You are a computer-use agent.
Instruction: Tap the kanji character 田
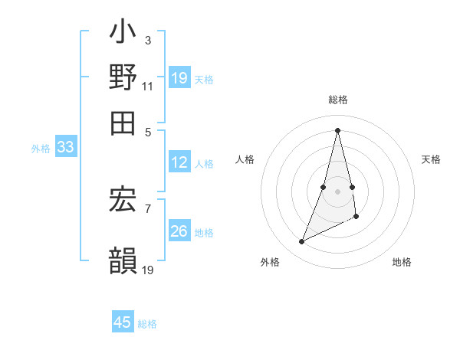pos(123,122)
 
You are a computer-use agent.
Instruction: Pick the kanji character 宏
pos(123,201)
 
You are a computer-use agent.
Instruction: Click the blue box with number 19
pos(179,77)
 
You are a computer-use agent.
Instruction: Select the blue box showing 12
pos(179,162)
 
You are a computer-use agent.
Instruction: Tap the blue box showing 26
pos(179,231)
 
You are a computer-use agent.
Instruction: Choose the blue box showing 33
pos(65,148)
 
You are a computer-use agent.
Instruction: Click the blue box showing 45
pos(123,322)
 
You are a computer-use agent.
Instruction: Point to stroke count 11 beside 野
pos(147,86)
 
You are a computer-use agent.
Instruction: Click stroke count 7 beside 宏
pos(147,208)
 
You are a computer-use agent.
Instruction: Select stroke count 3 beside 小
pos(147,39)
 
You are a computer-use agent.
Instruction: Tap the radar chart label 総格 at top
pos(338,100)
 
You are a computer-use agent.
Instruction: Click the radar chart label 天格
pos(431,159)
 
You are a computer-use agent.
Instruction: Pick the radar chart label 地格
pos(402,262)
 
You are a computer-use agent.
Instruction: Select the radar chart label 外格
pos(270,262)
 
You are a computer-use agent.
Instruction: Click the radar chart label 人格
pos(245,159)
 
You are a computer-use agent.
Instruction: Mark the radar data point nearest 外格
pos(302,242)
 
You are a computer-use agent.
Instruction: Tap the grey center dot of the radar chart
pos(338,191)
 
